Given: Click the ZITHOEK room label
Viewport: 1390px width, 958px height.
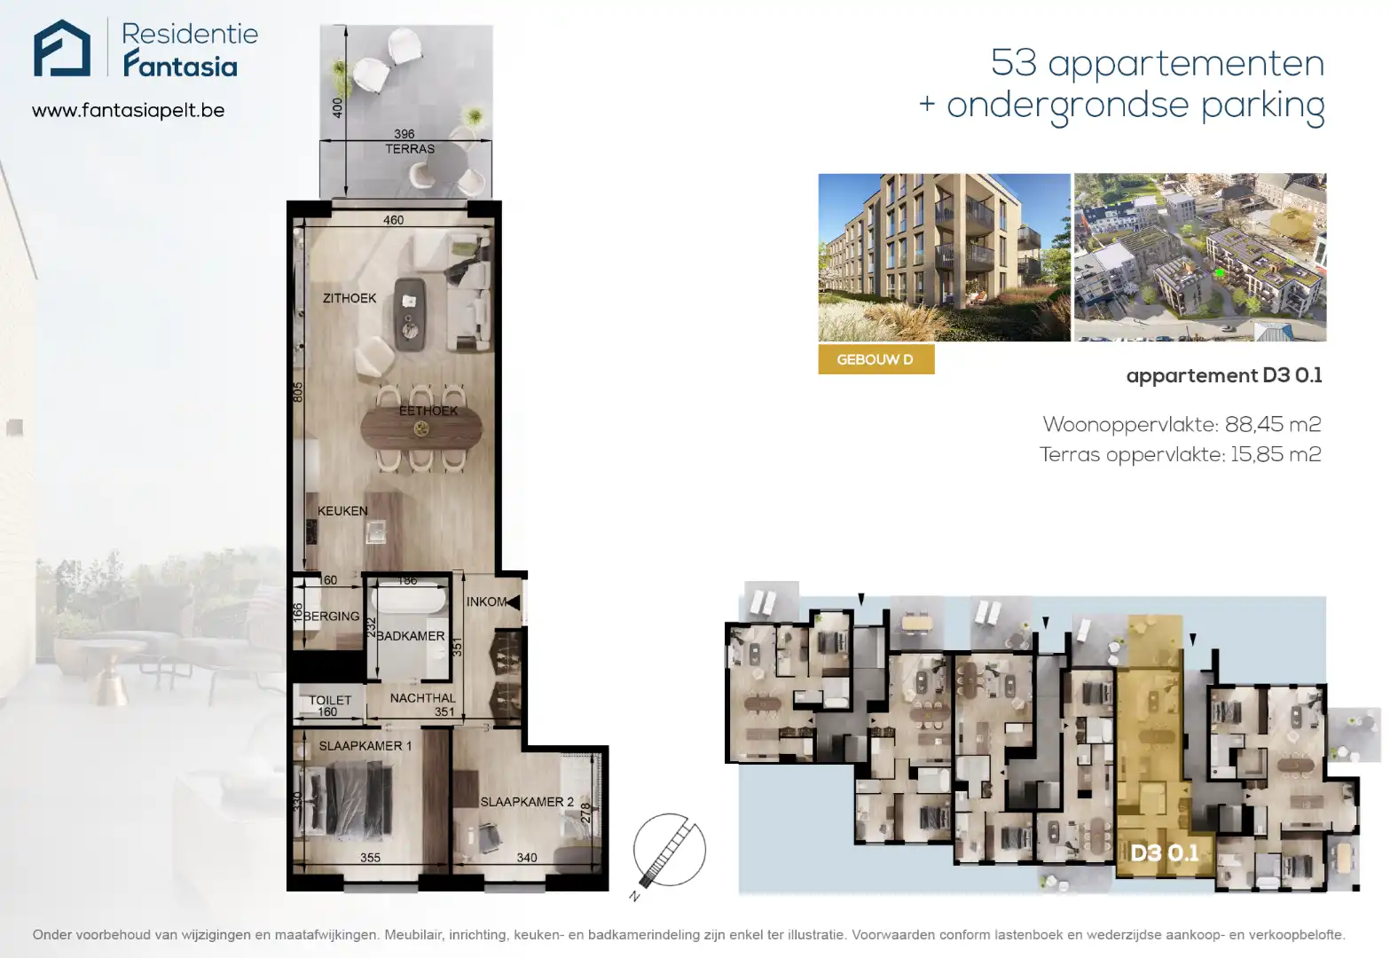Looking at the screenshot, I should click(349, 298).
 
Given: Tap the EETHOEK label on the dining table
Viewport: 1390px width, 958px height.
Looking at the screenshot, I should click(428, 411).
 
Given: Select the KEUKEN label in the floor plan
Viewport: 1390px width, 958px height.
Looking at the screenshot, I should click(342, 511).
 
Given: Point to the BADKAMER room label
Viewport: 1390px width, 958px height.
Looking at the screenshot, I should click(411, 636).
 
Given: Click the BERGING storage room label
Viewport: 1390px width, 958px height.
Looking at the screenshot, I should click(332, 616).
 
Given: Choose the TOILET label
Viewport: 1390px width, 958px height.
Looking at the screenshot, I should click(330, 700).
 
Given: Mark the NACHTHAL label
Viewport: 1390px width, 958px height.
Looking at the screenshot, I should click(422, 698).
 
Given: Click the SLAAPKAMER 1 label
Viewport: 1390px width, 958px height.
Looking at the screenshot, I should click(365, 746).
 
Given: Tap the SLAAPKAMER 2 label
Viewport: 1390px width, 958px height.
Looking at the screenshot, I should click(527, 802).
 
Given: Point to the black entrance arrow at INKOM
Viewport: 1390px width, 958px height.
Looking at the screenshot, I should click(513, 602).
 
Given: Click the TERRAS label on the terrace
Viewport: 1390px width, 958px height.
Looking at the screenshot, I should click(410, 149).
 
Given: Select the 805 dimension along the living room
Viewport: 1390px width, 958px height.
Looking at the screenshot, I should click(298, 392).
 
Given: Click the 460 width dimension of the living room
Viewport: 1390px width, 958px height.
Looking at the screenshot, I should click(393, 220).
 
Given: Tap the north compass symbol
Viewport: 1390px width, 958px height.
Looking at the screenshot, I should click(669, 850).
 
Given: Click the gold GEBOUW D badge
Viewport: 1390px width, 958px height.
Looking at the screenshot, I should click(875, 359).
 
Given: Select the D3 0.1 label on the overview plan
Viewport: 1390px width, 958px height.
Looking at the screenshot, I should click(1165, 853).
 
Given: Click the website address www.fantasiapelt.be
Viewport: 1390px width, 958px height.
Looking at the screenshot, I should click(128, 111).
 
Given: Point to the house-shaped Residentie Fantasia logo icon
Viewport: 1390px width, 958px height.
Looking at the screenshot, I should click(62, 49).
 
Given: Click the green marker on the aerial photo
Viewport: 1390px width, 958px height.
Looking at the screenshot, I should click(1220, 273).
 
